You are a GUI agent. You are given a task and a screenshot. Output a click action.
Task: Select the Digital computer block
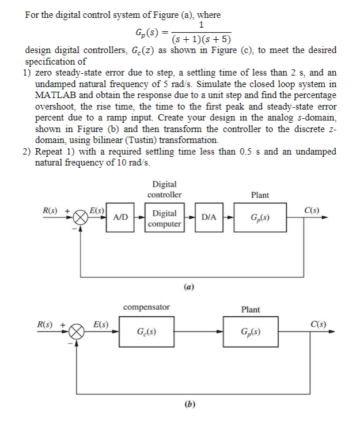[164, 218]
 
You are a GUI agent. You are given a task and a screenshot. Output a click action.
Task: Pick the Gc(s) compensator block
[147, 332]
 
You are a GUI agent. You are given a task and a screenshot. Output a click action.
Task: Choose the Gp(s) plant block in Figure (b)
[251, 332]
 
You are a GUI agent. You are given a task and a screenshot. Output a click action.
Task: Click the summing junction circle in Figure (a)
[81, 217]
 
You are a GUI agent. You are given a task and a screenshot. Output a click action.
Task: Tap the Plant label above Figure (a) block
[260, 195]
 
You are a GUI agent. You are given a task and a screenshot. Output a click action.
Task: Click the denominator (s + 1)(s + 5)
[200, 39]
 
